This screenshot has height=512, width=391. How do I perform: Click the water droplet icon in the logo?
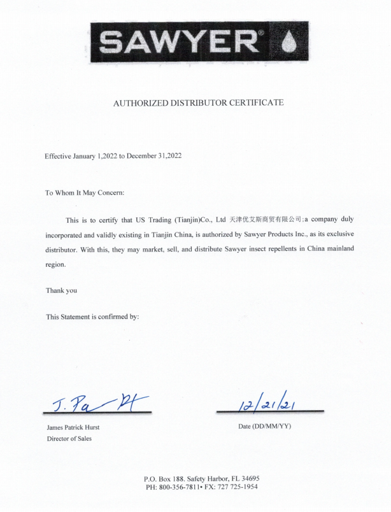point(291,43)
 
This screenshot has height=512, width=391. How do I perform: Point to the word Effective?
point(59,156)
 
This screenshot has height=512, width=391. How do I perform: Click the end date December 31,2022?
point(155,156)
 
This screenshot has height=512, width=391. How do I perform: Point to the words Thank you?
point(61,290)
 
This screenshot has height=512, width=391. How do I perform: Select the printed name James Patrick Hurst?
point(73,427)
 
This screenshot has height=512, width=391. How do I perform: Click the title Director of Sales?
point(69,439)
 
